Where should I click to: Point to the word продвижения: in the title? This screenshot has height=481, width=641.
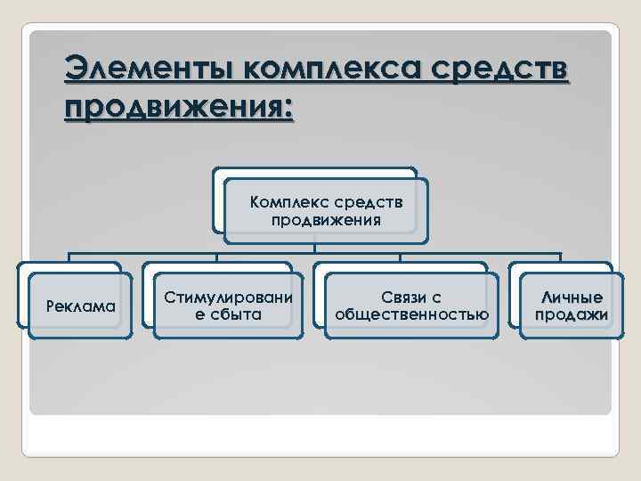[x=178, y=109]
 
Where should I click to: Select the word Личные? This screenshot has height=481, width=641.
[x=571, y=298]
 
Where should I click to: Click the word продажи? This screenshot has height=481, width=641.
[x=571, y=314]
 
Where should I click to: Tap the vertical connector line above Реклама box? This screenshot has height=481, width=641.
[x=69, y=257]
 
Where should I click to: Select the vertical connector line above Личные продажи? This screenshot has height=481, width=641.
[x=561, y=257]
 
